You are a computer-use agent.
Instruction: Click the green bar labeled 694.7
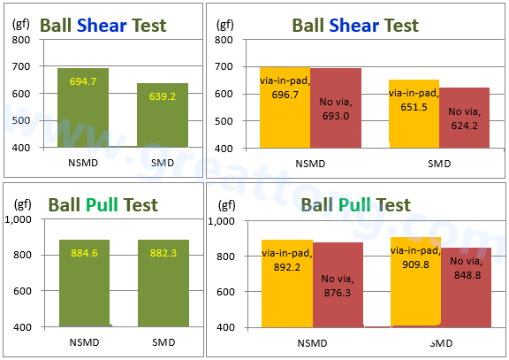click(83, 107)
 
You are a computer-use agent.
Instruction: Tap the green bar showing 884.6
click(83, 283)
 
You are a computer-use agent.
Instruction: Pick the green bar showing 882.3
click(163, 283)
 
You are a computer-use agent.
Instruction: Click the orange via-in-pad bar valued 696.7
click(285, 106)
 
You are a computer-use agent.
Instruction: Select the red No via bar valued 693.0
click(336, 107)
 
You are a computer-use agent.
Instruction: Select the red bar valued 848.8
click(465, 287)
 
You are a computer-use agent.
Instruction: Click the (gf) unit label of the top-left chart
click(21, 23)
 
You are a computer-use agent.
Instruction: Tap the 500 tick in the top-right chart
click(223, 120)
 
